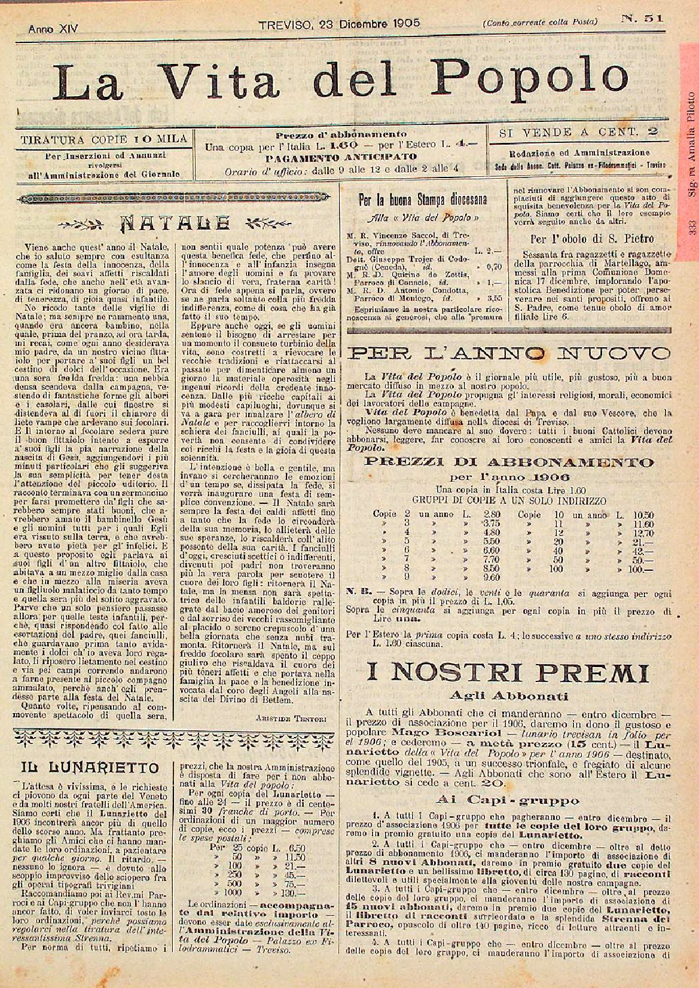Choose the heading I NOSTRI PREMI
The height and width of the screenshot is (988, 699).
[x=508, y=674]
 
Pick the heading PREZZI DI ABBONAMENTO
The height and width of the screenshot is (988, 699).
[x=509, y=462]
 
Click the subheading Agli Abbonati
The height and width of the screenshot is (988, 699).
[x=508, y=696]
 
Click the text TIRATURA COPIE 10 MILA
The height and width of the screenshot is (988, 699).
[x=104, y=139]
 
